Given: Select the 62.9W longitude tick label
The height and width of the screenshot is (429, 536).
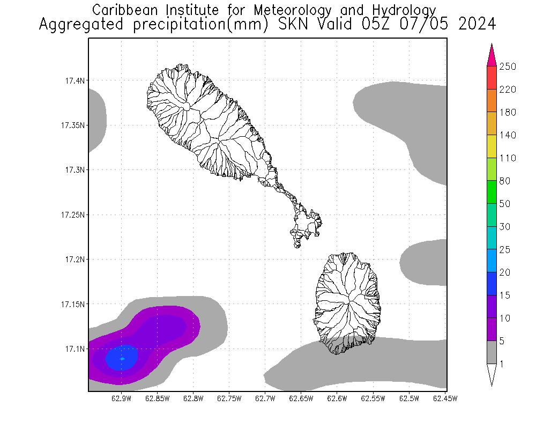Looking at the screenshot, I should tap(122, 398).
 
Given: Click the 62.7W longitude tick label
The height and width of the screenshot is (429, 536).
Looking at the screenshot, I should tap(265, 398).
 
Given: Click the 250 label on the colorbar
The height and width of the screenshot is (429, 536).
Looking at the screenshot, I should tap(507, 66).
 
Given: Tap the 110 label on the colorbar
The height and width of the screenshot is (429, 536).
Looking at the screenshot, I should tap(507, 158).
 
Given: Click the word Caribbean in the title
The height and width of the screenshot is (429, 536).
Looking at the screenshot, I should tap(124, 10).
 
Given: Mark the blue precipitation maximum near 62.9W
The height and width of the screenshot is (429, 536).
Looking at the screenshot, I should tap(122, 358).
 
